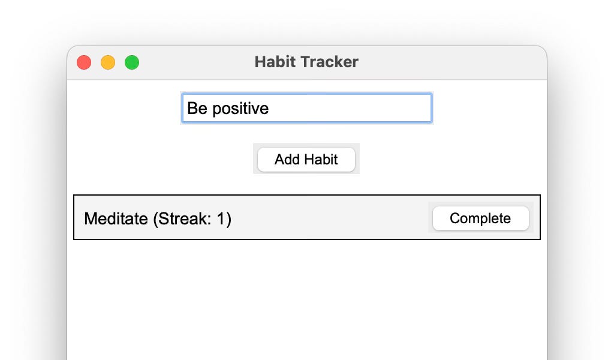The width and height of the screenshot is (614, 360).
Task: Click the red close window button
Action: coord(84,62)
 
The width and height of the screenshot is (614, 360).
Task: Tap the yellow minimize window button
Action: coord(108,62)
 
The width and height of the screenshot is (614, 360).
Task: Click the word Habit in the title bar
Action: coord(273,62)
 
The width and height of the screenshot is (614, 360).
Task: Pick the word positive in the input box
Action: coord(240,109)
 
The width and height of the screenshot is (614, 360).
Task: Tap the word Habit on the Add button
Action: coord(321,160)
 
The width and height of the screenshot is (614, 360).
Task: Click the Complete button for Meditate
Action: coord(480,218)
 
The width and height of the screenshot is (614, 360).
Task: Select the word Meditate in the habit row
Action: coord(116,218)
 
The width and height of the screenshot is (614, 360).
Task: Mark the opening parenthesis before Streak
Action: coord(155,219)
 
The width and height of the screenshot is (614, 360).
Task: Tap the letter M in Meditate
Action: coord(90,218)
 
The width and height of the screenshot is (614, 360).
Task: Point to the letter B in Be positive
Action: coord(192,109)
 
